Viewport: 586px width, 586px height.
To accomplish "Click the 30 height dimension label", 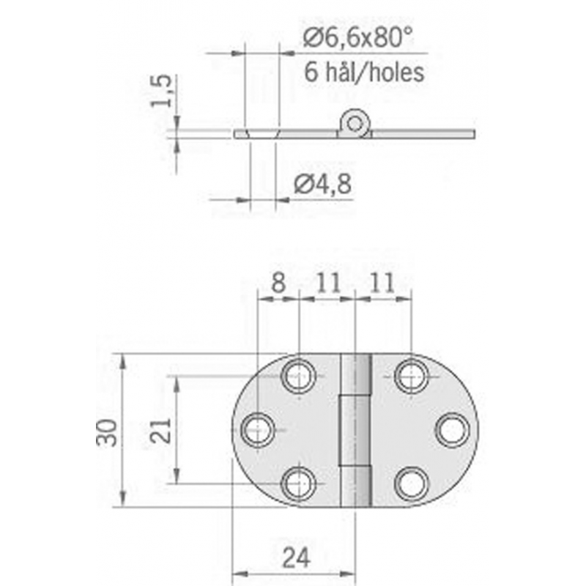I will pyautogui.click(x=107, y=431).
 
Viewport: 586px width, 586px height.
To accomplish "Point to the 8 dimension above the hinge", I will pyautogui.click(x=278, y=283).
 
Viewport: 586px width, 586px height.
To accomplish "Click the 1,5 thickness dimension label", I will pyautogui.click(x=162, y=90).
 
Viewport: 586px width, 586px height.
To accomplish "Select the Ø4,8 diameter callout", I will pyautogui.click(x=323, y=185).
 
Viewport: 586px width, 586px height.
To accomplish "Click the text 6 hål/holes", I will pyautogui.click(x=363, y=72).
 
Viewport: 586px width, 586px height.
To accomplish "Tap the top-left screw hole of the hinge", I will pyautogui.click(x=298, y=377).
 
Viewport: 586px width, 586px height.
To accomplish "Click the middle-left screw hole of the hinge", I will pyautogui.click(x=257, y=429).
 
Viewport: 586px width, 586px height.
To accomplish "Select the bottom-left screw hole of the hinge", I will pyautogui.click(x=298, y=483).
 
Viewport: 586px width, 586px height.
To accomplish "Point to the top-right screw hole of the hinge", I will pyautogui.click(x=411, y=377).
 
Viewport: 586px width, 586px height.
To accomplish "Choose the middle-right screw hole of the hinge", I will pyautogui.click(x=452, y=430).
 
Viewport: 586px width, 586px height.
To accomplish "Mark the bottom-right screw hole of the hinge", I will pyautogui.click(x=411, y=483).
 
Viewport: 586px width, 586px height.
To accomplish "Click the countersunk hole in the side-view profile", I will pyautogui.click(x=263, y=133).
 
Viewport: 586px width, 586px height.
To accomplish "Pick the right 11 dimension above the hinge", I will pyautogui.click(x=382, y=283).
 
